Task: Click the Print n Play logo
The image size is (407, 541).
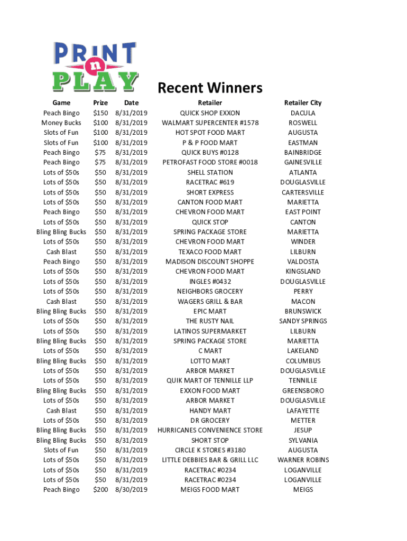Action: [95, 67]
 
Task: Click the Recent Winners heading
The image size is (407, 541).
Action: [210, 88]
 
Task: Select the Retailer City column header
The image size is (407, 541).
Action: [303, 103]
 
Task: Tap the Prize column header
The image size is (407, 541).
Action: [100, 103]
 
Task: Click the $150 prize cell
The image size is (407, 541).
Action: [100, 113]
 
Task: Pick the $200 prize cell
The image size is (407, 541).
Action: [100, 490]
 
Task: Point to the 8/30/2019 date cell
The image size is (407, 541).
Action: [131, 490]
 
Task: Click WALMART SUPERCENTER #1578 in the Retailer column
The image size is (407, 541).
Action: [210, 123]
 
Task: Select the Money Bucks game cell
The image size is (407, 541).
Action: [61, 123]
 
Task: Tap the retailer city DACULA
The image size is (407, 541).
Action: [303, 113]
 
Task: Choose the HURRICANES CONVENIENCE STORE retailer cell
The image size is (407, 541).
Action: [210, 431]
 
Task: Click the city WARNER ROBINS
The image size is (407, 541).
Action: [303, 460]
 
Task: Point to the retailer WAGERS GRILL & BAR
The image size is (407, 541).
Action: [210, 302]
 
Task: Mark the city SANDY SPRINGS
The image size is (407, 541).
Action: [303, 321]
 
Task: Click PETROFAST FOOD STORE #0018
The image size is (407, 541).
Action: [210, 163]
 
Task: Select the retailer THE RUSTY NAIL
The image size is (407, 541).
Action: [210, 321]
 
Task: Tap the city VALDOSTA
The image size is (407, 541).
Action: [303, 262]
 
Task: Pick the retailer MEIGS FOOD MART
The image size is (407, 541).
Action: [210, 490]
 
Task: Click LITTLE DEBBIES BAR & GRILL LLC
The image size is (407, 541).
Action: [210, 460]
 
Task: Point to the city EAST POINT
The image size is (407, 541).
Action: [303, 212]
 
